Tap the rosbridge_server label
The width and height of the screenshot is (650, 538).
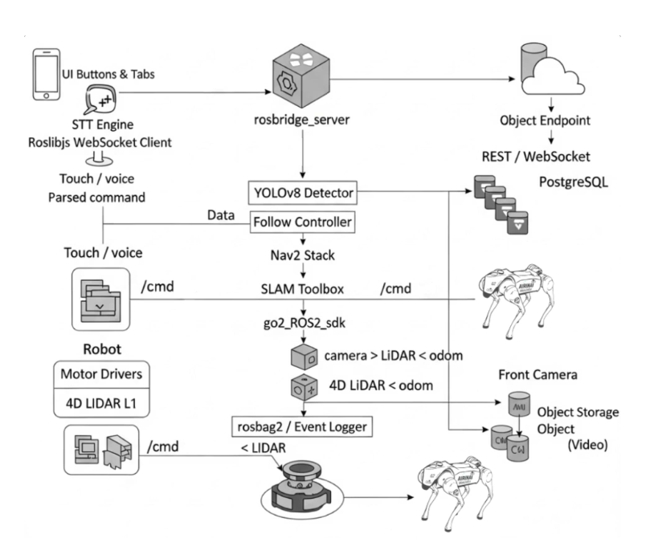point(303,122)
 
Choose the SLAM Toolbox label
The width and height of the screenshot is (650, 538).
point(303,287)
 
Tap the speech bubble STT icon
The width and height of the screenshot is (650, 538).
point(104,104)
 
